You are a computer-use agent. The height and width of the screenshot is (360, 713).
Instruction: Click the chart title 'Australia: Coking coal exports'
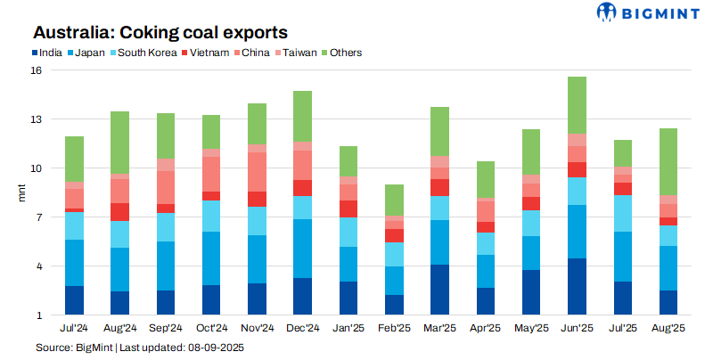(160, 32)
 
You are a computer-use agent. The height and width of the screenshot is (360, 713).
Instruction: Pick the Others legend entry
(345, 53)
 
